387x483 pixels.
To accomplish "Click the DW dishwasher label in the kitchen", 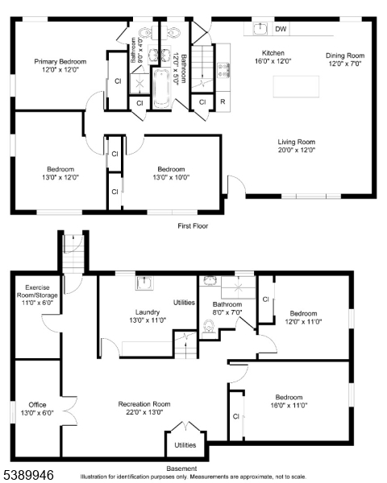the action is [281, 29].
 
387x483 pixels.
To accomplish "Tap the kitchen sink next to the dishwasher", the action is [260, 29].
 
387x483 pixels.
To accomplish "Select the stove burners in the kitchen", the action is [223, 70].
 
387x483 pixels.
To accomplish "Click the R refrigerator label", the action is [223, 101].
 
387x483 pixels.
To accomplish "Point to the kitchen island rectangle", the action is [296, 87].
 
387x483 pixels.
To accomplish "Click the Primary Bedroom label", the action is [60, 61].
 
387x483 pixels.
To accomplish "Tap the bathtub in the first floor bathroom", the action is [161, 89].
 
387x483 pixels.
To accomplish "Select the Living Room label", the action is [296, 142].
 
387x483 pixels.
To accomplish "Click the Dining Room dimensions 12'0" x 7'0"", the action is [345, 64].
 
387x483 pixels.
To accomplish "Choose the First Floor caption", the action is [193, 225].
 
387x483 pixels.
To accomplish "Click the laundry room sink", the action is [144, 283].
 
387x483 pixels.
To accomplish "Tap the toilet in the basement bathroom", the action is [209, 328].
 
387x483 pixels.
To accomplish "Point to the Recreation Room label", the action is [144, 404].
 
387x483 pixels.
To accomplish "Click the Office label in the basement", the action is [37, 405].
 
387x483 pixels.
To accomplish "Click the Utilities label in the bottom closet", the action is [185, 445].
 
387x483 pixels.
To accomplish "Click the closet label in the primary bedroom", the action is [118, 81].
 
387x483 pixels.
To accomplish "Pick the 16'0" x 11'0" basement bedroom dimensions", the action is [289, 406].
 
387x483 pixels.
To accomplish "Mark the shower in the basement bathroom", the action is [239, 287].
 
